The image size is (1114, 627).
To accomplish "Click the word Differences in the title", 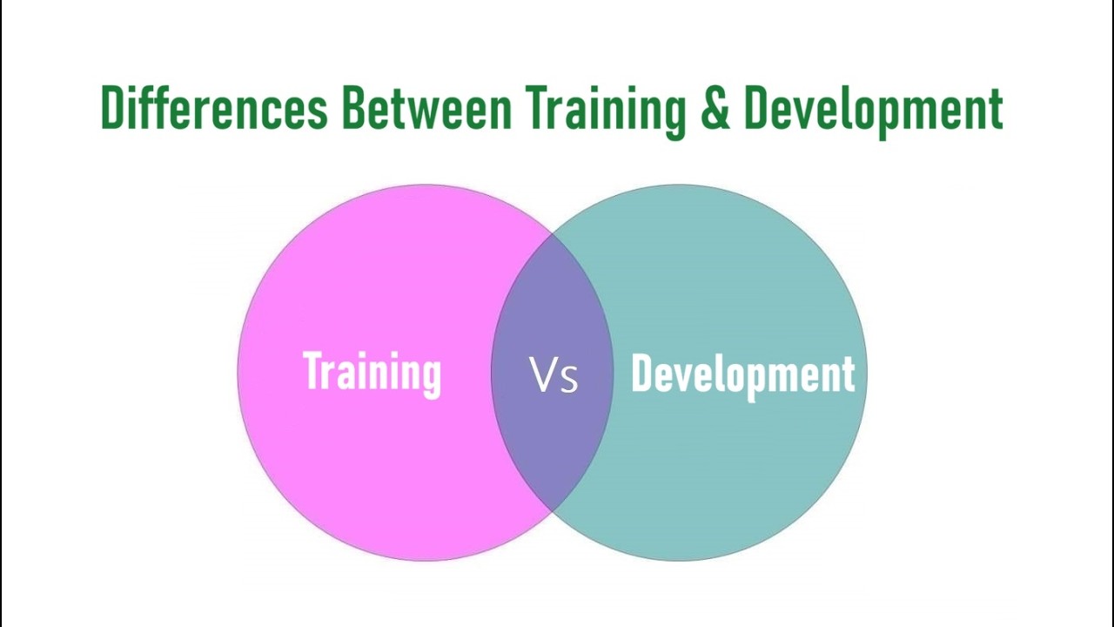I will click(x=214, y=109).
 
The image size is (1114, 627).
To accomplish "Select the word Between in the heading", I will click(x=426, y=109).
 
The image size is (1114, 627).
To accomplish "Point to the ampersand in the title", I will click(x=715, y=110).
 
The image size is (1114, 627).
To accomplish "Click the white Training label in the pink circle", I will click(x=372, y=373).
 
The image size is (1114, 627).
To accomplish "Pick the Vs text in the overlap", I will click(x=554, y=376).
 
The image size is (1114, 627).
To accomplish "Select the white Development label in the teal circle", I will click(x=742, y=374).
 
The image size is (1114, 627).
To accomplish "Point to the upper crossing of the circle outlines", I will click(x=553, y=233).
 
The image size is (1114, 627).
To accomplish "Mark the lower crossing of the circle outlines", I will click(x=553, y=511).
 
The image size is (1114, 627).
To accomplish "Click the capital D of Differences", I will click(x=111, y=109).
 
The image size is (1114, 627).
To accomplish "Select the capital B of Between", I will click(x=352, y=109).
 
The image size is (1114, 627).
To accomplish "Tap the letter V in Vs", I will click(x=542, y=375).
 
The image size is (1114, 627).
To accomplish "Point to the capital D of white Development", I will click(x=641, y=374).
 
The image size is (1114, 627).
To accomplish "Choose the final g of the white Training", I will click(x=432, y=378).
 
